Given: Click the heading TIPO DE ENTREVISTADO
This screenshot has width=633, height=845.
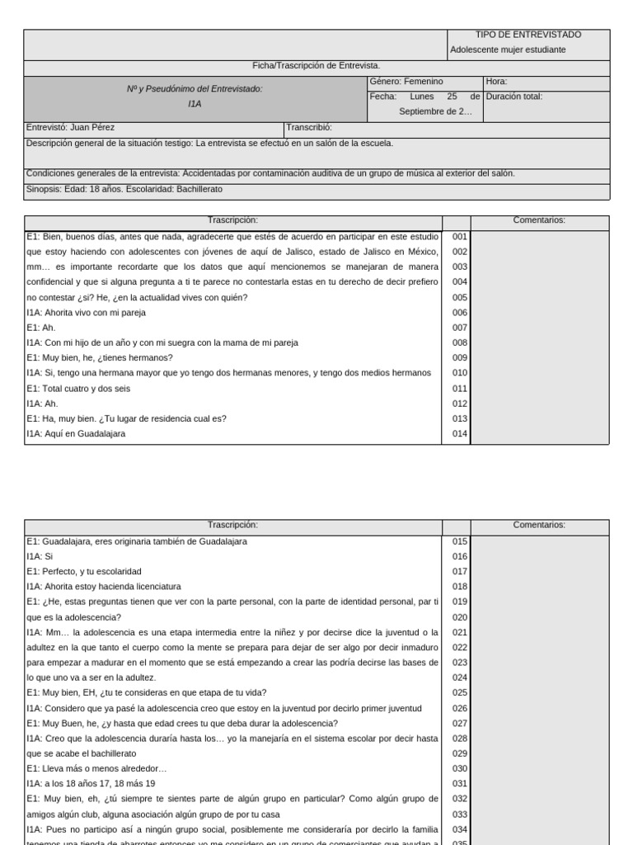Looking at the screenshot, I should pyautogui.click(x=528, y=35).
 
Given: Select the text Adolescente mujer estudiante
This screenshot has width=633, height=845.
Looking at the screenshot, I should pyautogui.click(x=508, y=50).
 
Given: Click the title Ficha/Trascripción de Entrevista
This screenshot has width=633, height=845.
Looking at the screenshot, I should pyautogui.click(x=316, y=65).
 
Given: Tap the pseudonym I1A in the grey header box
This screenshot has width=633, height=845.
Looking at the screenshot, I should pyautogui.click(x=195, y=105).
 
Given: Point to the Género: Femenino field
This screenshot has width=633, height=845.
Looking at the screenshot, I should pyautogui.click(x=406, y=82).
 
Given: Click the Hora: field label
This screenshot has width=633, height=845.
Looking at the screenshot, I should pyautogui.click(x=497, y=82).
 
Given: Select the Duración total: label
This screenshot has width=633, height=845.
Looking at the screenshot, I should pyautogui.click(x=514, y=97).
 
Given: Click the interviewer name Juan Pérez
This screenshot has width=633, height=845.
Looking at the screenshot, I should pyautogui.click(x=92, y=128).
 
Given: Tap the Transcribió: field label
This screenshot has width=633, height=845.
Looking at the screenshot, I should pyautogui.click(x=309, y=128).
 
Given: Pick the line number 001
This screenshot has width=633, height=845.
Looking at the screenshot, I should pyautogui.click(x=459, y=236).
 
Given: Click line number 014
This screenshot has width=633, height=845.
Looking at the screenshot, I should pyautogui.click(x=459, y=433).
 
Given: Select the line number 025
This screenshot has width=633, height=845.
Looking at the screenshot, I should pyautogui.click(x=459, y=692).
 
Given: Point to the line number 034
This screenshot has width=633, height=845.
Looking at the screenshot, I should pyautogui.click(x=459, y=829).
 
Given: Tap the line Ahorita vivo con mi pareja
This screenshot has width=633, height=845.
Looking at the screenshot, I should pyautogui.click(x=86, y=313).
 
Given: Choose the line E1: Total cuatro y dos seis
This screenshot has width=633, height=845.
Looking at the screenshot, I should pyautogui.click(x=78, y=388).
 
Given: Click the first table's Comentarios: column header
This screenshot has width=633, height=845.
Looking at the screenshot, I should pyautogui.click(x=539, y=220).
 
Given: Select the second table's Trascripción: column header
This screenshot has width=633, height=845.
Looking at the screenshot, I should pyautogui.click(x=233, y=525).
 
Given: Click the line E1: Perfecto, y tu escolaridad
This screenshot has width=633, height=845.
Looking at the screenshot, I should pyautogui.click(x=84, y=571).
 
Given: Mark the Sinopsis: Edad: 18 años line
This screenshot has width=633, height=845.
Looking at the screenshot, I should pyautogui.click(x=124, y=189).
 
